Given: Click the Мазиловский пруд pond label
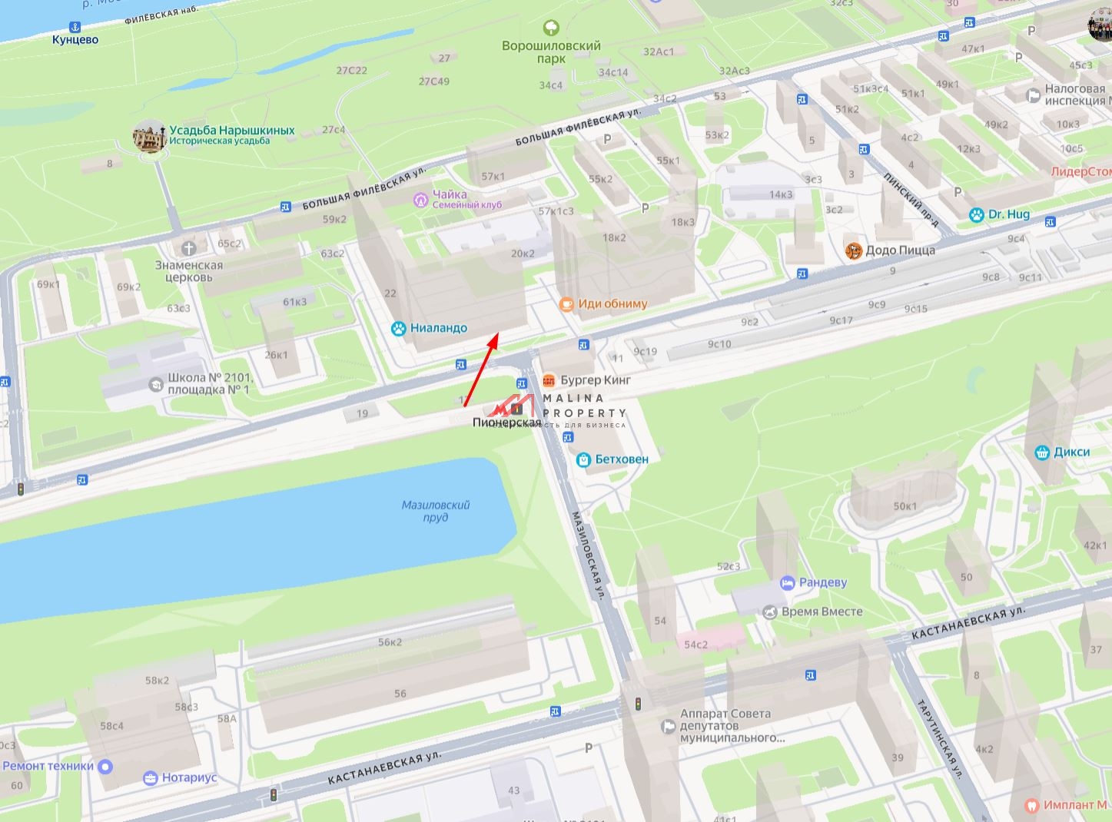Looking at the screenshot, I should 435,511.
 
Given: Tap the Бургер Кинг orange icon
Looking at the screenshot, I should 549,380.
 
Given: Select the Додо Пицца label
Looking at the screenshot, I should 900,250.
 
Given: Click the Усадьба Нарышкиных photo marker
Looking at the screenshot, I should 149,137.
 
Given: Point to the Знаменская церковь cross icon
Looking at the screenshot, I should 189,248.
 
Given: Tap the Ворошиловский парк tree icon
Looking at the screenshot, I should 551,28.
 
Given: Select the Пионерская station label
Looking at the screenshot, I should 506,423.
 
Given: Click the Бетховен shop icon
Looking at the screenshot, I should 583,459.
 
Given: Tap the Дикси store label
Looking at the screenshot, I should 1071,452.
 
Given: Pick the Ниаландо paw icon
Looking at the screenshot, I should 398,328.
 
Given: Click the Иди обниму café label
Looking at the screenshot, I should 612,303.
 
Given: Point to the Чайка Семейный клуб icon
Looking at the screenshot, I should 420,200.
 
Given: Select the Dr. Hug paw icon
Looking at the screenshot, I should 976,214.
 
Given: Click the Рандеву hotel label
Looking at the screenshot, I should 823,582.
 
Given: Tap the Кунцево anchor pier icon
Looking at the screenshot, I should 75,25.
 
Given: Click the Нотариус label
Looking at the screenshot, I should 189,777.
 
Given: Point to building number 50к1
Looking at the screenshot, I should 905,506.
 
